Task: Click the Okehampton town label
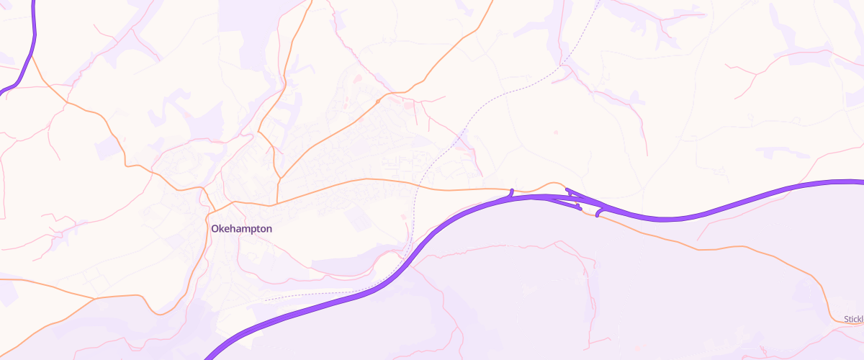tap(242, 228)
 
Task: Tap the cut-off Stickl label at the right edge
tap(853, 319)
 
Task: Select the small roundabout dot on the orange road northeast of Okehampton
tap(377, 102)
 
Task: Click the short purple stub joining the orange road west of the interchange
tap(511, 192)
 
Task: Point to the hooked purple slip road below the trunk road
tap(598, 212)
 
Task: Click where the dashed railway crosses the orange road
tap(420, 186)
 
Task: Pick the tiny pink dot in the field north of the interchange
tap(554, 132)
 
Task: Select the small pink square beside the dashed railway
tap(402, 215)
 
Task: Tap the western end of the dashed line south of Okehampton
tap(266, 299)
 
